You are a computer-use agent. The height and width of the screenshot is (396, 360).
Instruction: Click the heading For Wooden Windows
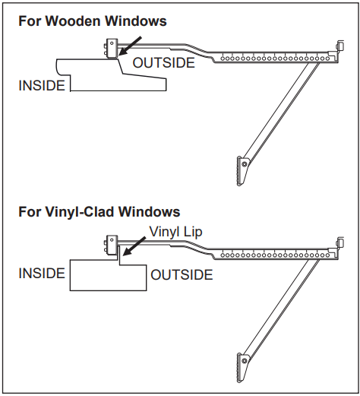(93, 21)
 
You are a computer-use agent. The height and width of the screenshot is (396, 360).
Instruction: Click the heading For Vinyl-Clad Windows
(99, 211)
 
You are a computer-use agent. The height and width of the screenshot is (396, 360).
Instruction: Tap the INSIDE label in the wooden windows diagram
(42, 86)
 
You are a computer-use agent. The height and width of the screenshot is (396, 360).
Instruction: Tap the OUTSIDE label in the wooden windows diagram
(164, 63)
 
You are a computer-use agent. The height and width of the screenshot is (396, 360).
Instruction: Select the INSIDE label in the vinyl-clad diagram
(42, 273)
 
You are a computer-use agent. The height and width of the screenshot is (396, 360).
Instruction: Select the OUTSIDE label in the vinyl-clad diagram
(182, 275)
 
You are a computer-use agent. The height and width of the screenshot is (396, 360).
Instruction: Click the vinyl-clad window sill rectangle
(106, 275)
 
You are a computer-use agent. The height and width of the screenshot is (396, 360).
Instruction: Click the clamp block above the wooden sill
(112, 48)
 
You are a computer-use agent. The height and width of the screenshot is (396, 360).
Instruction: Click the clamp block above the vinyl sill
(111, 246)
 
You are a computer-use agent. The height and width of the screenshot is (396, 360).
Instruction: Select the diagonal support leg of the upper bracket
(281, 114)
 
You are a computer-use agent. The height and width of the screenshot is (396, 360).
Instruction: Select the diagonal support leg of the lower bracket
(281, 312)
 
